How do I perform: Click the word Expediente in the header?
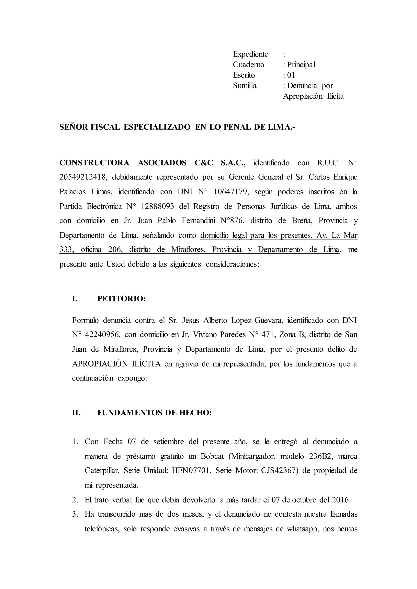(250, 54)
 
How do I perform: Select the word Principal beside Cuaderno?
(301, 65)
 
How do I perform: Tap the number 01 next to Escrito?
(291, 75)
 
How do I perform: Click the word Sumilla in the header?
(245, 86)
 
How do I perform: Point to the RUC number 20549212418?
(83, 177)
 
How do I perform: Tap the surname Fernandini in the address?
(198, 221)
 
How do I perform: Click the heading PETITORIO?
(121, 299)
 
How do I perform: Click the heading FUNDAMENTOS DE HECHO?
(155, 413)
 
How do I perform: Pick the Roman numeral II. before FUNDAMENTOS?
(76, 413)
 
